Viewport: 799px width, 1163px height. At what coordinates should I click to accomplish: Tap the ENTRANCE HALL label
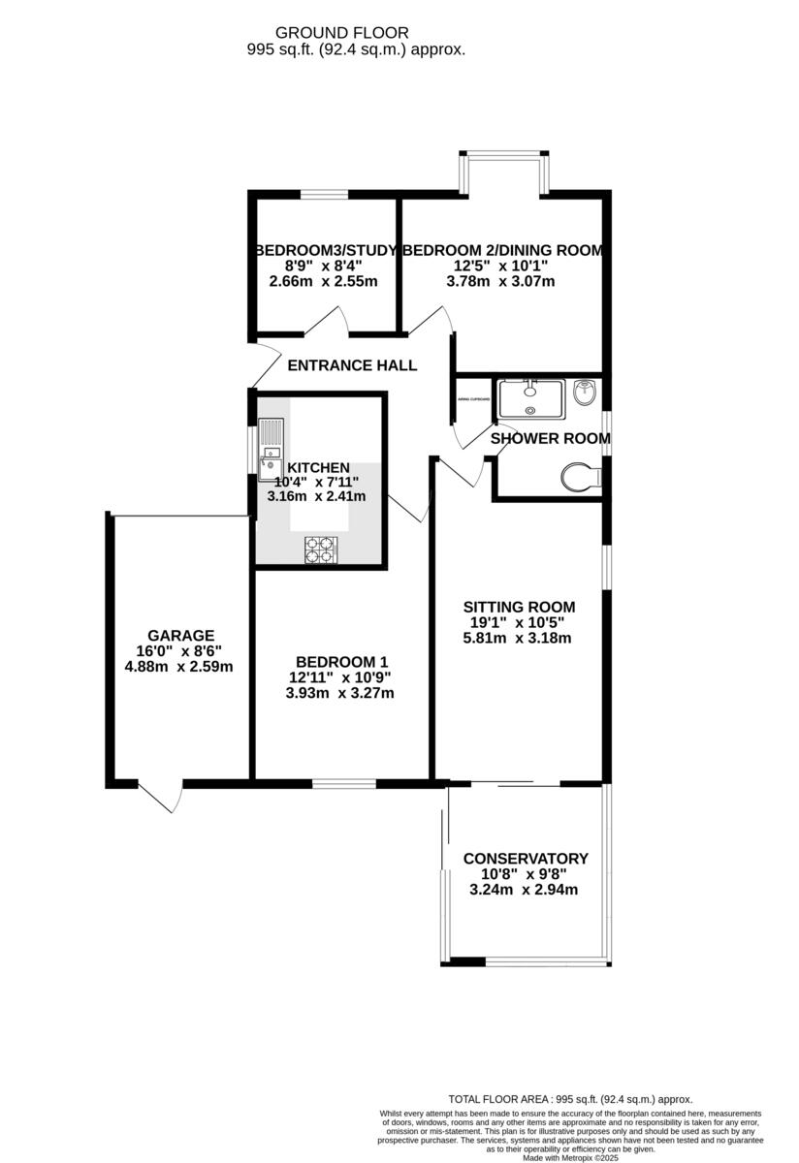[352, 365]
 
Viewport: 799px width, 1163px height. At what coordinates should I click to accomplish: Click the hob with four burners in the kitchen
[319, 550]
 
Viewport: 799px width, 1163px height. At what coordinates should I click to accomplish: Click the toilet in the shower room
[579, 477]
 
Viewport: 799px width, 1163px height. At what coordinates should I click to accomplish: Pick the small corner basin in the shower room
[585, 393]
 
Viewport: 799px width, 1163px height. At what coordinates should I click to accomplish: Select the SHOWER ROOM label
[550, 438]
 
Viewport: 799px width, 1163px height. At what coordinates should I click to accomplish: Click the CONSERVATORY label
[525, 859]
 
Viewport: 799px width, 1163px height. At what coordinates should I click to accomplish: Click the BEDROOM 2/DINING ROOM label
[502, 250]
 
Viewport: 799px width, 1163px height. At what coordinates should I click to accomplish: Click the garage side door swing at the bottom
[161, 796]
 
